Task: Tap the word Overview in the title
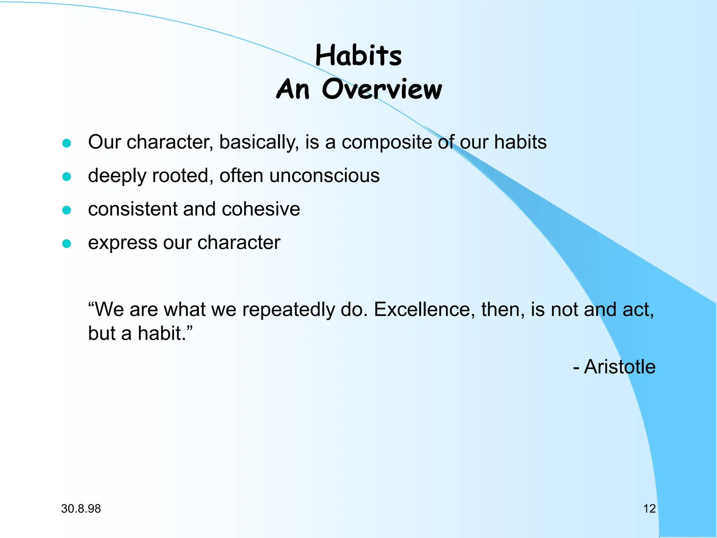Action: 382,89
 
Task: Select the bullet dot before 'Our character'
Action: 67,143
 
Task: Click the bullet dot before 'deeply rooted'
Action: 67,177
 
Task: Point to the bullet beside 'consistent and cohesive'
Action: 67,210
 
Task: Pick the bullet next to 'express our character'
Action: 67,243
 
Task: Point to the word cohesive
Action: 261,209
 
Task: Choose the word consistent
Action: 133,209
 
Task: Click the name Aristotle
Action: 620,367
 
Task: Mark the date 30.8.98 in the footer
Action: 81,509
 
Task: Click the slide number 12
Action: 649,509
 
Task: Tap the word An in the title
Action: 293,89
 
